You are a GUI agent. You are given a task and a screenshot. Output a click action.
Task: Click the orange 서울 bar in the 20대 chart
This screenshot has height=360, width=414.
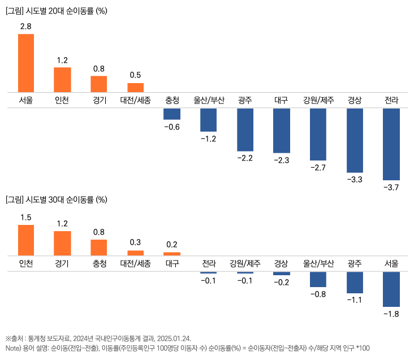[26, 63]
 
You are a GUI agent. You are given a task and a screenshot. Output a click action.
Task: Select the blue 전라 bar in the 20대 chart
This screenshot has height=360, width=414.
[391, 144]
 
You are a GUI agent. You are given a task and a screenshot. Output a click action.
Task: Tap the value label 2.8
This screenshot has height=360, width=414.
[26, 27]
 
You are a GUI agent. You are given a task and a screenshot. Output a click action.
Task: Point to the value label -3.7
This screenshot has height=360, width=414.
[391, 188]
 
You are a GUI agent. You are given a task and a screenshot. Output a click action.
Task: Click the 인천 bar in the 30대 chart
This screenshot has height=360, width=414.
[26, 240]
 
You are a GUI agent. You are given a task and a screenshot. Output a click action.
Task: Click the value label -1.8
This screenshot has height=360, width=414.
[391, 314]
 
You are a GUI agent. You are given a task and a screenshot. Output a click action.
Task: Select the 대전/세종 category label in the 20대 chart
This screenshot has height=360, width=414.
[135, 101]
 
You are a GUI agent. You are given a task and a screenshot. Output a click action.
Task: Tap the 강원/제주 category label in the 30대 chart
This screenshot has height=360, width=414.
[245, 264]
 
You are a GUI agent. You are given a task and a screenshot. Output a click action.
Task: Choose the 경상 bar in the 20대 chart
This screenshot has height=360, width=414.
[355, 140]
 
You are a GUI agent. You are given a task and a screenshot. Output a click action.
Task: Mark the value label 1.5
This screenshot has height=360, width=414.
[26, 218]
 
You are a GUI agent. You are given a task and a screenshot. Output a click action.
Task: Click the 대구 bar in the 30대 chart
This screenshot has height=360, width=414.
[172, 254]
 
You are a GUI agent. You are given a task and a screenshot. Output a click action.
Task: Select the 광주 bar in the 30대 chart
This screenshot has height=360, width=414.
[355, 282]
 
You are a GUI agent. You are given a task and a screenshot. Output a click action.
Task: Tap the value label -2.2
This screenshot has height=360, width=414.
[245, 158]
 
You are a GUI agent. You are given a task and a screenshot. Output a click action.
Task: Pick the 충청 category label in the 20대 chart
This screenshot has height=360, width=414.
[172, 101]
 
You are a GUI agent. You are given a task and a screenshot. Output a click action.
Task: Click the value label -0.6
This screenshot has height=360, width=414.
[172, 127]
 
